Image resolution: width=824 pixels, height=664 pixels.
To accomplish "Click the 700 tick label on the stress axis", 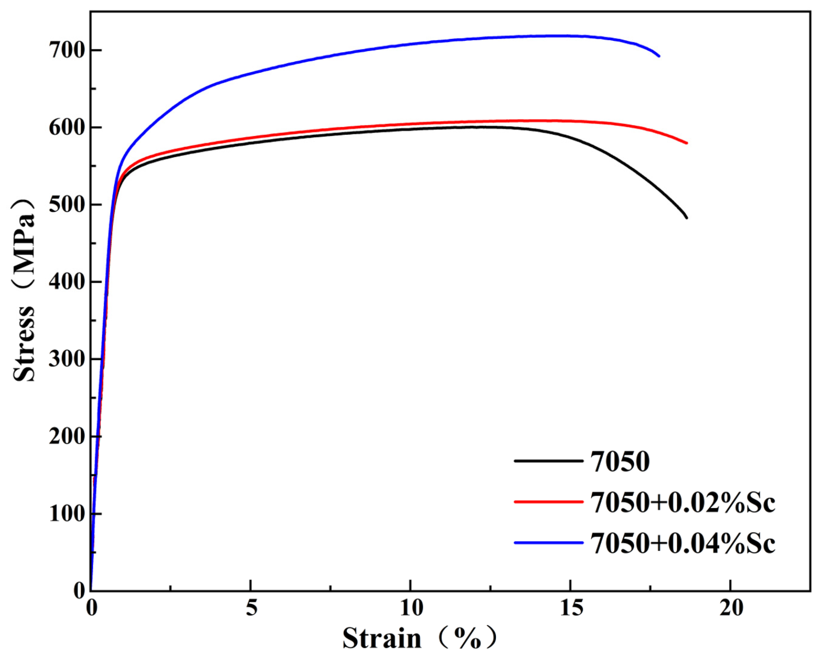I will point(66,50).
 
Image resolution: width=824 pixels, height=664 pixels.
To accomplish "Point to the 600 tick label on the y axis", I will point(66,127).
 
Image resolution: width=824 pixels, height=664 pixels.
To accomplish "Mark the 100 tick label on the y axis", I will point(66,514).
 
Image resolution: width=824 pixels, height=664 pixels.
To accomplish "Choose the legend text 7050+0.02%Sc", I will point(683,502).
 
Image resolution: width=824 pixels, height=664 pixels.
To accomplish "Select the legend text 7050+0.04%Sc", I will point(683,543).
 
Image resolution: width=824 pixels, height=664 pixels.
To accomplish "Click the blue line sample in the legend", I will point(549,542).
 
